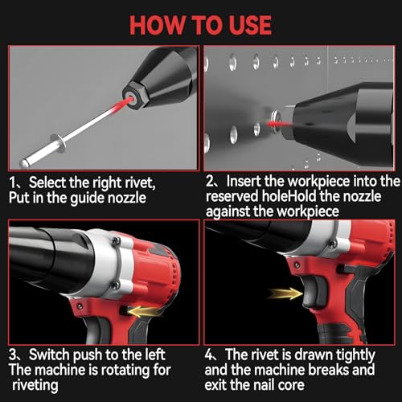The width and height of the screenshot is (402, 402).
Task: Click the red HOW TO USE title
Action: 201,23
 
